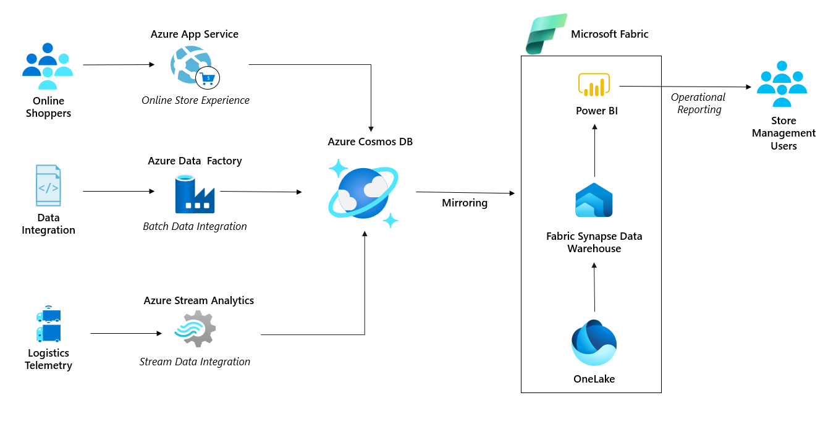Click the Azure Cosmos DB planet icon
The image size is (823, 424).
[x=363, y=192]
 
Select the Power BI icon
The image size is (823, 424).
[x=594, y=85]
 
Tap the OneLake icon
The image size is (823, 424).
[x=594, y=342]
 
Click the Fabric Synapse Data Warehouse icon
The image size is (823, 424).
[x=594, y=200]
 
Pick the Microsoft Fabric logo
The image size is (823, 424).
[x=546, y=34]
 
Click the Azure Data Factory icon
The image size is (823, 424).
[x=194, y=193]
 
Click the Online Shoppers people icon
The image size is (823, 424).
[x=48, y=66]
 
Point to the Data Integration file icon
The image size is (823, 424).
[x=48, y=185]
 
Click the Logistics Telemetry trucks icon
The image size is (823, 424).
[x=48, y=325]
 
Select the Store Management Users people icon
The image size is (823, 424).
[x=782, y=84]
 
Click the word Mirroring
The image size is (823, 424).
[x=465, y=203]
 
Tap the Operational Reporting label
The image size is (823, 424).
[x=699, y=103]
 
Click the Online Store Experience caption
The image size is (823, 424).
[x=195, y=100]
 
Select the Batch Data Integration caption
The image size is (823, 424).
[x=195, y=226]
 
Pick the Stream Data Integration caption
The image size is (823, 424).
[x=195, y=362]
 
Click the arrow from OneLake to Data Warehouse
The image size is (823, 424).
[x=594, y=287]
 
